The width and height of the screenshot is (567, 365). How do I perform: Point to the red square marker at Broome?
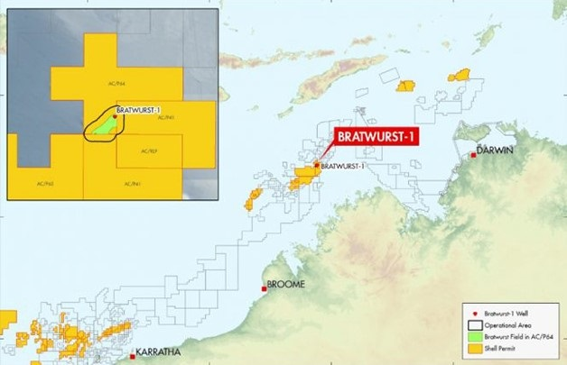(x=264, y=288)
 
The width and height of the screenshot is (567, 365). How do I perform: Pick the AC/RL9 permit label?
(x=148, y=151)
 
